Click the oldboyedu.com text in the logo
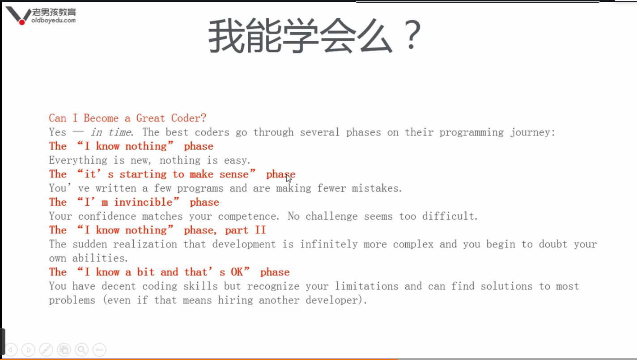pyautogui.click(x=54, y=20)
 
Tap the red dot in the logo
pyautogui.click(x=22, y=22)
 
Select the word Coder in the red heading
pyautogui.click(x=188, y=118)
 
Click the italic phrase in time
pyautogui.click(x=110, y=132)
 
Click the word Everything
pyautogui.click(x=78, y=161)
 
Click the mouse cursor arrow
pyautogui.click(x=289, y=178)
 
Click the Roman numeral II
pyautogui.click(x=260, y=230)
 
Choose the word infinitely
pyautogui.click(x=329, y=244)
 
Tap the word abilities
pyautogui.click(x=100, y=258)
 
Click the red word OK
pyautogui.click(x=237, y=272)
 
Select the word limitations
pyautogui.click(x=366, y=286)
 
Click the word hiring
pyautogui.click(x=235, y=300)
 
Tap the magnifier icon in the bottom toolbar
pyautogui.click(x=81, y=349)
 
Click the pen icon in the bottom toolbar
pyautogui.click(x=46, y=349)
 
